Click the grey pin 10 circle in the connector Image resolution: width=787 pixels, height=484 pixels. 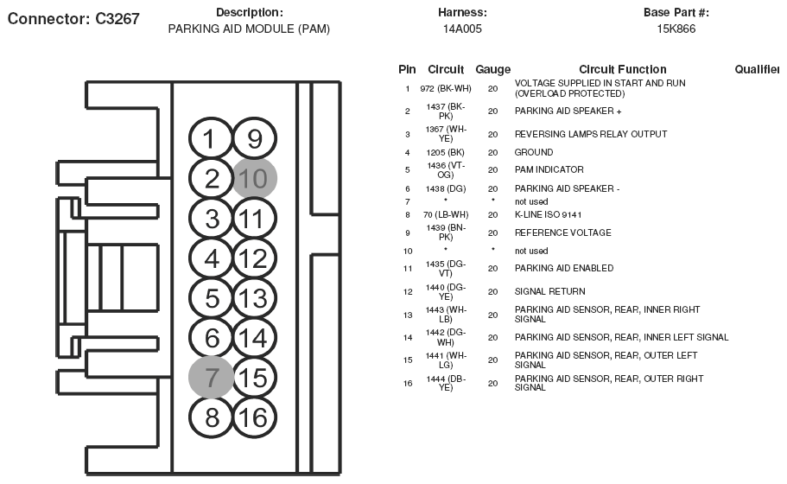click(255, 178)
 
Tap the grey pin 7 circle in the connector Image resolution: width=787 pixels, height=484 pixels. click(212, 377)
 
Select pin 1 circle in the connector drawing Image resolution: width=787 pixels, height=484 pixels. click(212, 138)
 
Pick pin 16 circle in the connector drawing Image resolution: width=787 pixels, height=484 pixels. click(255, 417)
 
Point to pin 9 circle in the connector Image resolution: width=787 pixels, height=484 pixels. click(255, 138)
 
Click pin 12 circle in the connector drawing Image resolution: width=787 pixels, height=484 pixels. click(255, 258)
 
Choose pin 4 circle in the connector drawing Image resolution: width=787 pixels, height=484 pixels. click(212, 258)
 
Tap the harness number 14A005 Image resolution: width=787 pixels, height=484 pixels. click(462, 29)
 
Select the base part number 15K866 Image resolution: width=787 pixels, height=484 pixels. click(676, 29)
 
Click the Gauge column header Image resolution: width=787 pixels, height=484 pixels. click(492, 69)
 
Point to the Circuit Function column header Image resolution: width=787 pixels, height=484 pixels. click(622, 69)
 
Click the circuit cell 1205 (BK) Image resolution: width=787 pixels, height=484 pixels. click(445, 152)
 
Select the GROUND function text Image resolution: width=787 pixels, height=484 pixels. click(534, 152)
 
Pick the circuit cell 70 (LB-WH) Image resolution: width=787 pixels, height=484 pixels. click(445, 214)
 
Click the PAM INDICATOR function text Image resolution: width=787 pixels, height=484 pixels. click(549, 169)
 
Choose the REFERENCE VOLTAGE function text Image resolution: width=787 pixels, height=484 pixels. click(562, 232)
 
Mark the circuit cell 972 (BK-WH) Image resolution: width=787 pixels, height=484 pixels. click(446, 88)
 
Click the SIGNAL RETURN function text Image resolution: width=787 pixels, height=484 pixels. click(549, 291)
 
